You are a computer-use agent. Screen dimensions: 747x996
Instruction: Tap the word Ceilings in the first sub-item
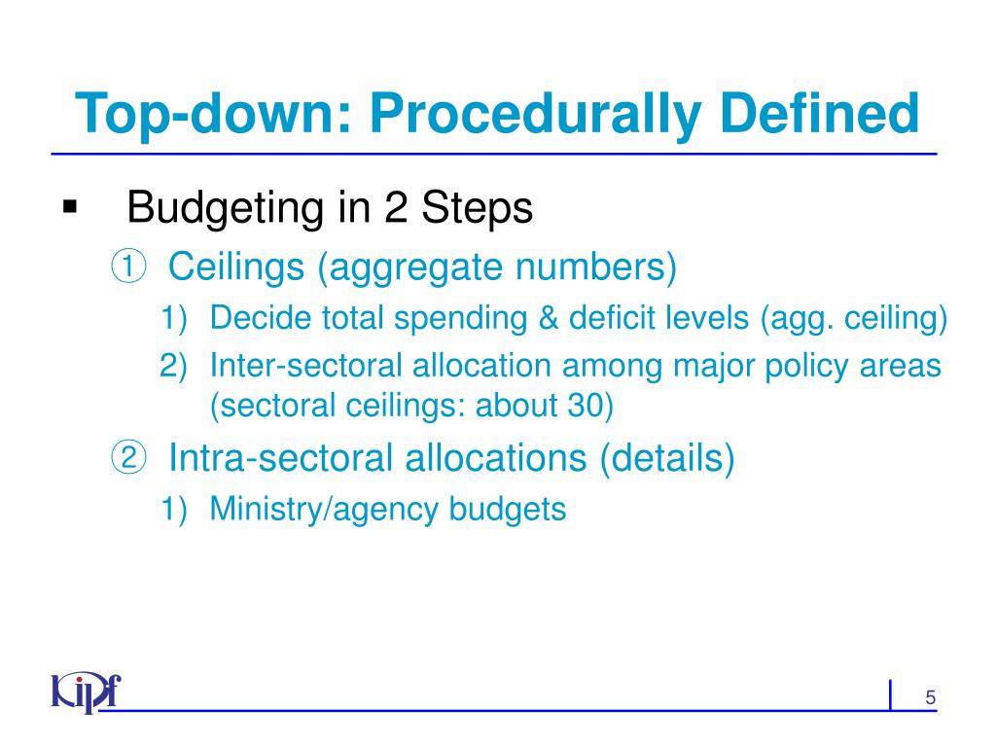236,266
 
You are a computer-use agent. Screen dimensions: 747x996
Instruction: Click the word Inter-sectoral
310,366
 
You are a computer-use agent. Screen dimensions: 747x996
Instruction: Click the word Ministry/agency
325,508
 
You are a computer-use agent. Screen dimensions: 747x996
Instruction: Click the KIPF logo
86,693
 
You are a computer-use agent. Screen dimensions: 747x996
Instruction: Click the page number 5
930,697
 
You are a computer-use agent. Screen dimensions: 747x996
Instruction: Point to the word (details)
666,457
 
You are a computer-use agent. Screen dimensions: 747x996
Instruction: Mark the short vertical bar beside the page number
891,695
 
